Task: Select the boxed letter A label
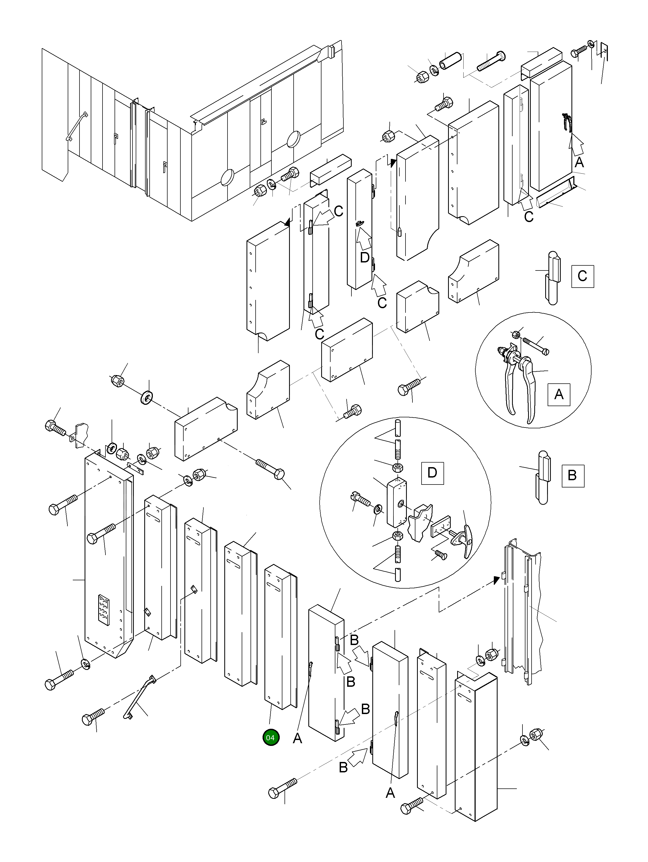coord(559,394)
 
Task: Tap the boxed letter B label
coord(572,475)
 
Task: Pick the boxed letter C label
coord(582,276)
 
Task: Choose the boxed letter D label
coord(432,473)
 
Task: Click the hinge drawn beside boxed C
coord(553,278)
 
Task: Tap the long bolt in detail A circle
coord(535,345)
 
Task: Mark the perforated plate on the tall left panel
coord(104,610)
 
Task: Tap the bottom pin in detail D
coord(398,575)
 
